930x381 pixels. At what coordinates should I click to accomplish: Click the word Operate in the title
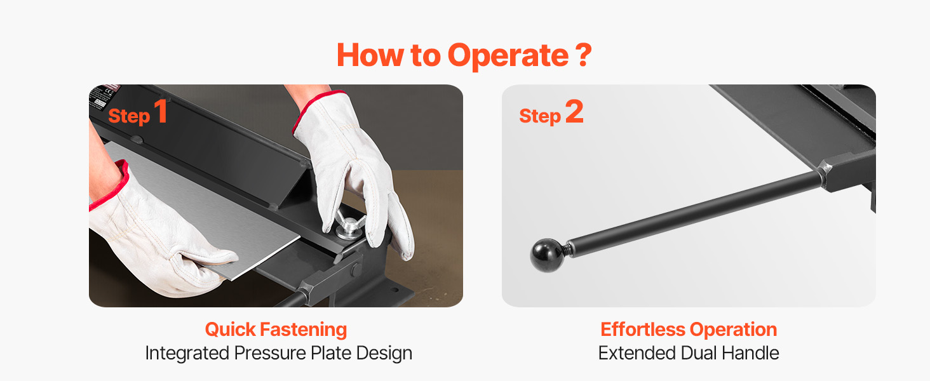click(x=508, y=56)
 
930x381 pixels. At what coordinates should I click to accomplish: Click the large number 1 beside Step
click(x=161, y=111)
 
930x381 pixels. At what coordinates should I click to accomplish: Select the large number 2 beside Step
click(x=574, y=111)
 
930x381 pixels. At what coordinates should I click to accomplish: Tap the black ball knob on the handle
click(x=547, y=255)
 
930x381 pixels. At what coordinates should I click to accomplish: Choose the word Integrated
click(x=187, y=354)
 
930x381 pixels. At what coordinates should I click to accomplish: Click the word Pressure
click(x=270, y=353)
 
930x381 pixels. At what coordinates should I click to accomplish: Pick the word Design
click(x=384, y=354)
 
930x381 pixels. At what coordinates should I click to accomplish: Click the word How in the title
click(x=370, y=55)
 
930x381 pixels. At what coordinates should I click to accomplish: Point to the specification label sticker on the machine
click(x=102, y=97)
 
